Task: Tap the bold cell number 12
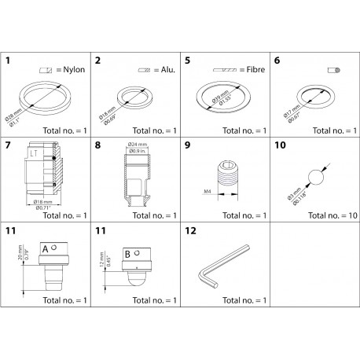[x=189, y=232]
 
